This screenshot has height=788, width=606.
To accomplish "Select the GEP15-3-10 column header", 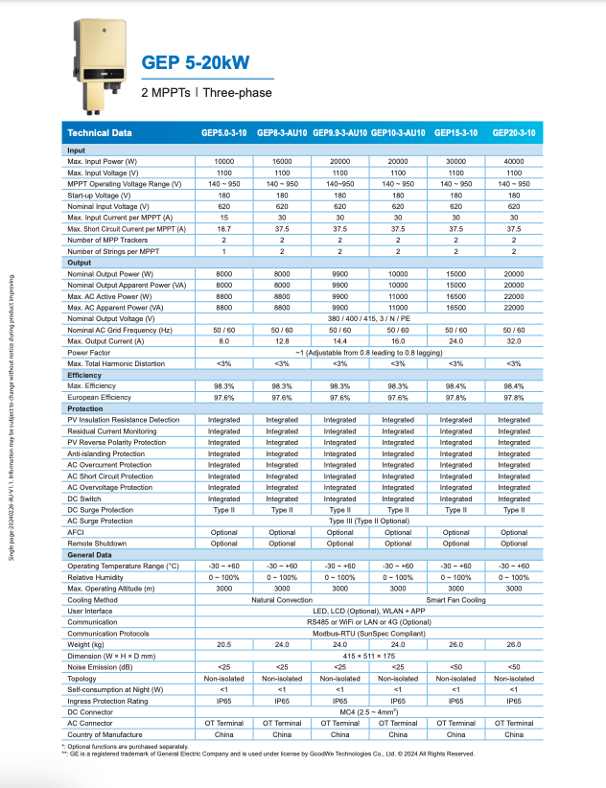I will click(455, 133).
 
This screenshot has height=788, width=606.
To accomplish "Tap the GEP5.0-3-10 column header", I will click(224, 133).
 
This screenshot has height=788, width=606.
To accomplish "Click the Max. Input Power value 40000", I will click(514, 161).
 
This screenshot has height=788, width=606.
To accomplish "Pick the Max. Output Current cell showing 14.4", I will click(339, 341).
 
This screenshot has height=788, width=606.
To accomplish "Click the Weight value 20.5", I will click(224, 645).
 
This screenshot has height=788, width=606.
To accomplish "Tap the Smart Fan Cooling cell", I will click(485, 600).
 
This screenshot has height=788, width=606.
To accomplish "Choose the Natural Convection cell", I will click(282, 600).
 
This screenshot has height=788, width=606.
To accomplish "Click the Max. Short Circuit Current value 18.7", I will click(224, 229).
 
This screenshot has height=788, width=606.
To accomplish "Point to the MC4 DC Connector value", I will click(369, 712).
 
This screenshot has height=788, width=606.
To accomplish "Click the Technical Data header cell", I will click(101, 133).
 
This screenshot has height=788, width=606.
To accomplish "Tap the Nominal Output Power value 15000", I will click(455, 273).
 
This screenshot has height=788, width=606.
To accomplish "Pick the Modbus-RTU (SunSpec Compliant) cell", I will click(369, 634).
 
